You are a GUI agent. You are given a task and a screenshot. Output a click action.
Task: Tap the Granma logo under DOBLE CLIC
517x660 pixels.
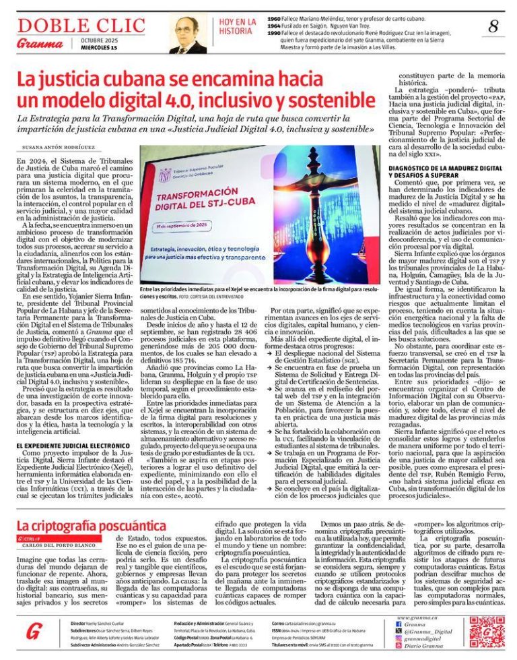click(35, 44)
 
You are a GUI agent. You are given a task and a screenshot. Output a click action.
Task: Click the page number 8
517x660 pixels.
click(493, 27)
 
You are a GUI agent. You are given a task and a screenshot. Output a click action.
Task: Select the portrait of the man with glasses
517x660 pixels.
click(188, 35)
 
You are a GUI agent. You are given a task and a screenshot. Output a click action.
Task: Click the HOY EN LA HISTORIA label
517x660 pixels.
click(237, 26)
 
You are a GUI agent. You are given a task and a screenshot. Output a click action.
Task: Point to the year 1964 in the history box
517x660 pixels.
click(274, 26)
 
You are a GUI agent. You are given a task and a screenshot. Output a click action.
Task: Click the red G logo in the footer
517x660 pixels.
click(34, 632)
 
